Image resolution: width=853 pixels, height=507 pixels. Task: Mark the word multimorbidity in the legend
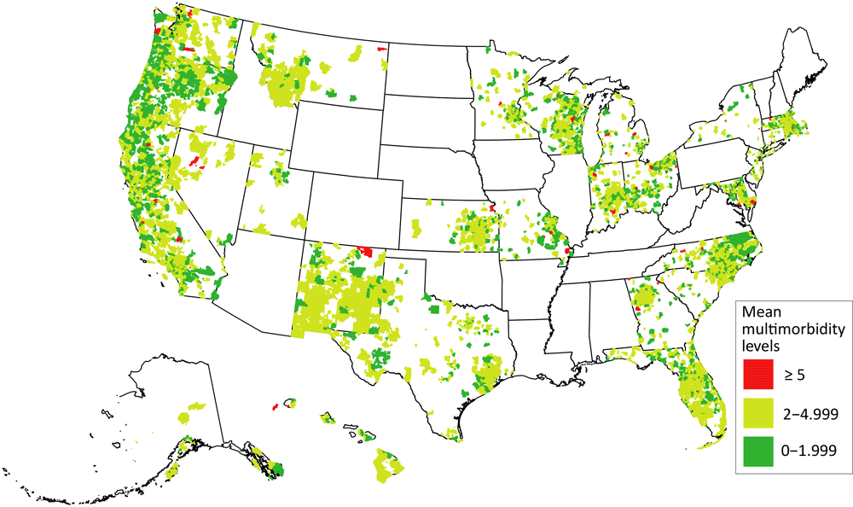[792, 329]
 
